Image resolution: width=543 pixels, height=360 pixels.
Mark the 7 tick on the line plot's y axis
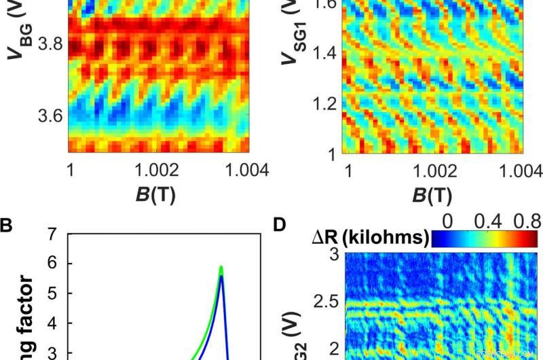pyautogui.click(x=51, y=235)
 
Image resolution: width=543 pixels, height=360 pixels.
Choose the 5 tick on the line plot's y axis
pyautogui.click(x=51, y=293)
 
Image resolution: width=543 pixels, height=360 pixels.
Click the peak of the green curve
pyautogui.click(x=221, y=266)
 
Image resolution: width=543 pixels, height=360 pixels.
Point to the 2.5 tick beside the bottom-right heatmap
pyautogui.click(x=325, y=300)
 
